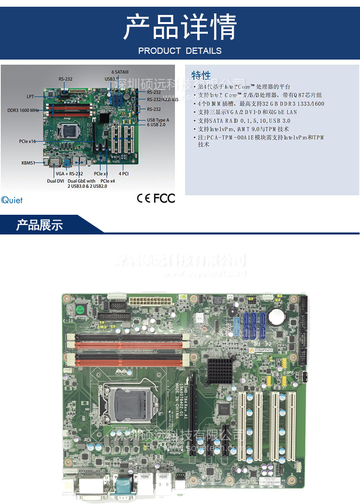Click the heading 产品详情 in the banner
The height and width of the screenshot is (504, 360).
pos(180,27)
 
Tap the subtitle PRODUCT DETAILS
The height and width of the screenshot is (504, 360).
pos(180,50)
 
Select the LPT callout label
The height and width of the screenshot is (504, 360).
pos(30,96)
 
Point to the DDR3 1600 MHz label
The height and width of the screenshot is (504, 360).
pos(23,110)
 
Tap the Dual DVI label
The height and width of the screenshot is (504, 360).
pos(55,181)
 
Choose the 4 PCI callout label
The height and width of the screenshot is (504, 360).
pos(124,173)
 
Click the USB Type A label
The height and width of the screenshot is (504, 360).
pos(158,120)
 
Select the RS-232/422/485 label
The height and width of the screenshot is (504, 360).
pos(162,99)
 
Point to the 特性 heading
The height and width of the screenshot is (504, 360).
pos(201,75)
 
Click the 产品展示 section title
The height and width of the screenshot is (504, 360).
pos(39,225)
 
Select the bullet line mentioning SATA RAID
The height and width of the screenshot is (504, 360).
pos(244,121)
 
